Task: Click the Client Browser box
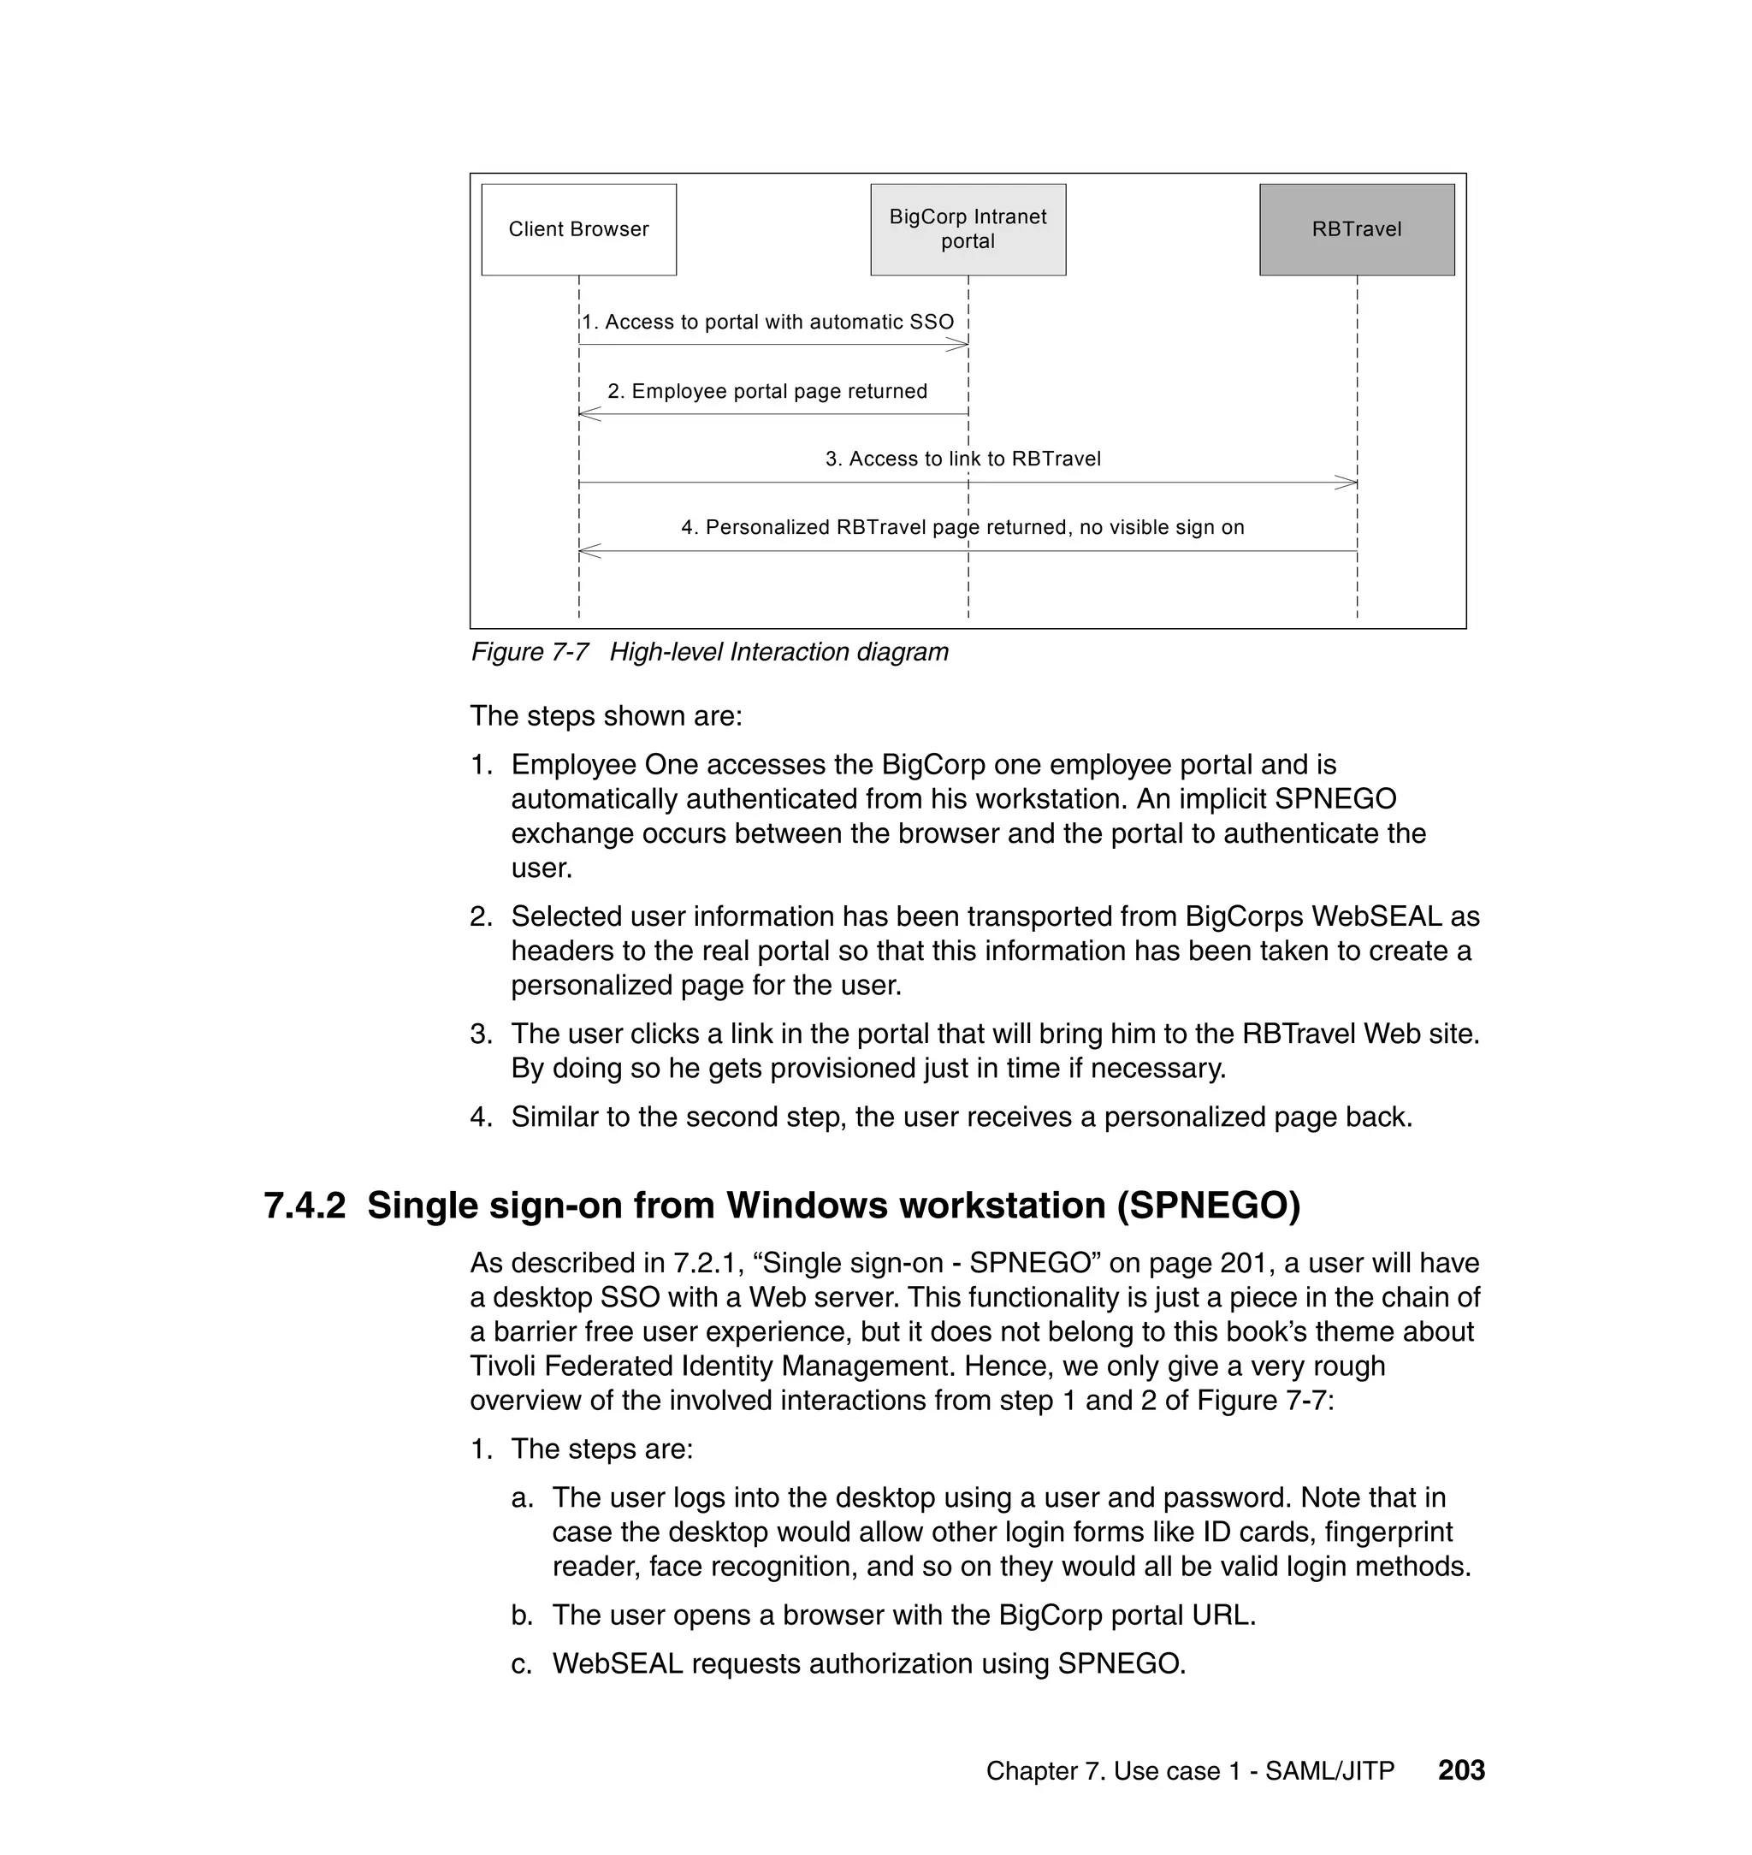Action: (578, 230)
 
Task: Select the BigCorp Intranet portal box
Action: (968, 230)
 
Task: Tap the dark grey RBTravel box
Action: (1356, 230)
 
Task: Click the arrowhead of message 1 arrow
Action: (960, 345)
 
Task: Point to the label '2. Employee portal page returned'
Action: (766, 391)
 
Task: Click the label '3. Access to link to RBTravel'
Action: (963, 459)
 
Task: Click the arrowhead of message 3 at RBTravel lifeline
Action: (1347, 483)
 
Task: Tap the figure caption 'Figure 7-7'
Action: (530, 652)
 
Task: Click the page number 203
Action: (1460, 1770)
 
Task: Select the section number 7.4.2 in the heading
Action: (305, 1206)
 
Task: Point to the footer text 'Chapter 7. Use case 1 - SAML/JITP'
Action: (1190, 1771)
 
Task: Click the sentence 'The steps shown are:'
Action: (607, 715)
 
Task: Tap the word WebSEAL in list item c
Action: (618, 1663)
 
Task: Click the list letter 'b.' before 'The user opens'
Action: (522, 1615)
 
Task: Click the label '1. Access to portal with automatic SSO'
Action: (767, 323)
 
